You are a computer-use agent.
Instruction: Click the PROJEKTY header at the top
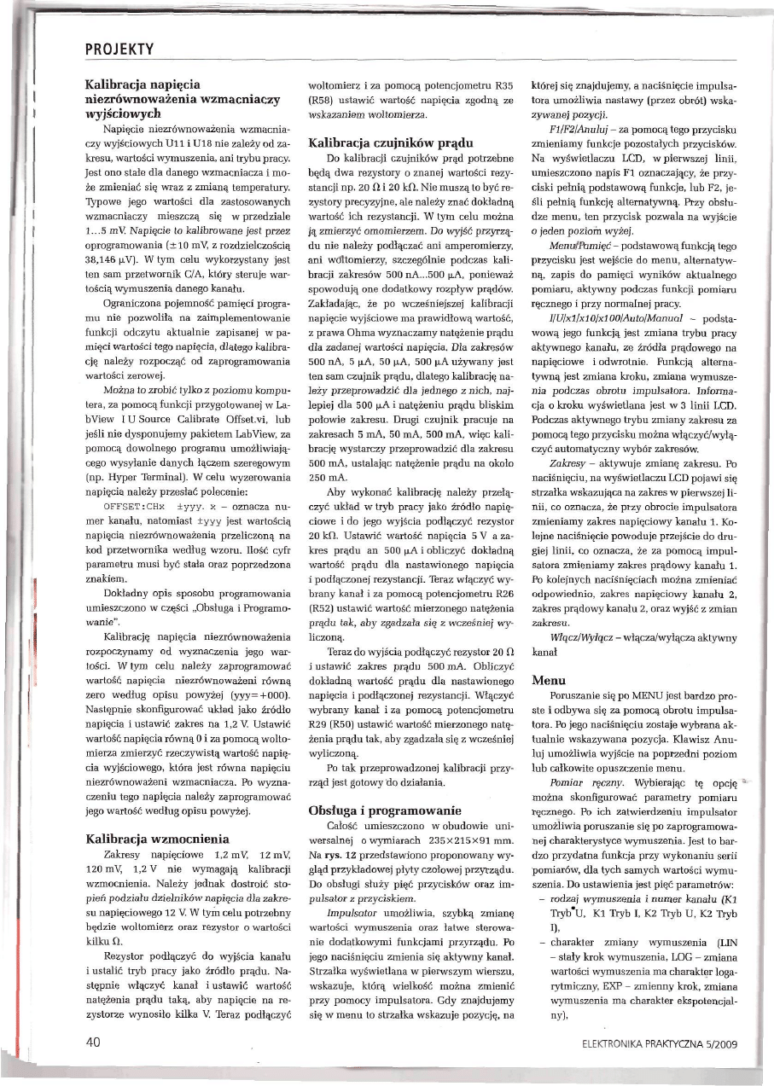119,49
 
